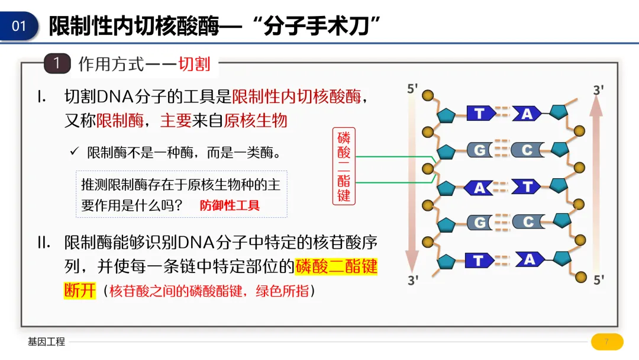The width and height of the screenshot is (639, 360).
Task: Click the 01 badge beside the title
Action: point(20,26)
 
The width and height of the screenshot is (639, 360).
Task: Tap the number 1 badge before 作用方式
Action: point(57,63)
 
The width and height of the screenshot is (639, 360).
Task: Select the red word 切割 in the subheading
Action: point(194,64)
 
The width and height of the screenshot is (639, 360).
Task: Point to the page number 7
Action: point(606,342)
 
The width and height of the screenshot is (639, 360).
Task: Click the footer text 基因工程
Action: point(46,342)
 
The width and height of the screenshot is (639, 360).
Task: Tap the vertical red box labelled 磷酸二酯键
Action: point(344,166)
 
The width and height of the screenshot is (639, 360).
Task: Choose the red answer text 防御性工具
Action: point(230,205)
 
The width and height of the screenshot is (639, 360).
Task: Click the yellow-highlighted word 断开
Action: point(79,290)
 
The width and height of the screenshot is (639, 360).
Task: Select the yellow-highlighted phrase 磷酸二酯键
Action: point(336,266)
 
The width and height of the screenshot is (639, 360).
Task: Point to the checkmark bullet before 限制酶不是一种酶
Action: point(75,152)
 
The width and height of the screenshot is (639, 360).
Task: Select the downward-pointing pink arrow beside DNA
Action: point(412,178)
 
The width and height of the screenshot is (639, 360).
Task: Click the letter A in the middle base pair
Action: point(479,188)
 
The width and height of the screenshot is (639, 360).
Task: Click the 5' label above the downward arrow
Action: point(412,88)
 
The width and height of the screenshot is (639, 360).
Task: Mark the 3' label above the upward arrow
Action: point(598,90)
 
